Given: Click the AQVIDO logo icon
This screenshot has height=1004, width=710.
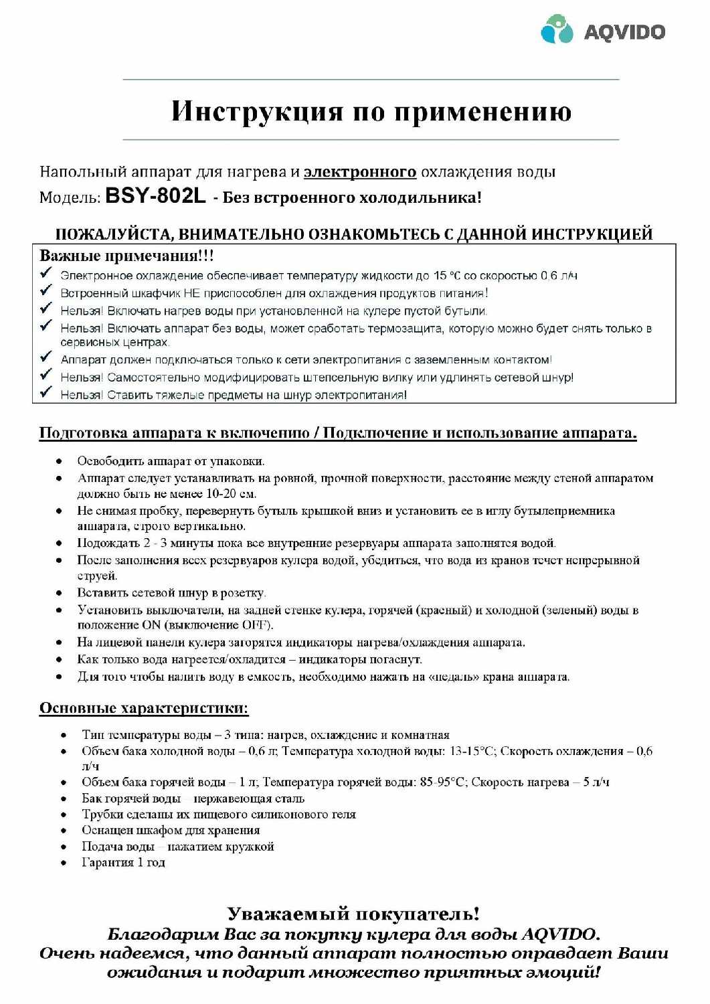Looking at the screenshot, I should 557,29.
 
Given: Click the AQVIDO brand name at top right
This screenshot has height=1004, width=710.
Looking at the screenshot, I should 624,31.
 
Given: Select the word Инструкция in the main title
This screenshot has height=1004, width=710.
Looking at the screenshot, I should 257,111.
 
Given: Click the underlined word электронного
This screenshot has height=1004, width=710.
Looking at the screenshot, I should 360,172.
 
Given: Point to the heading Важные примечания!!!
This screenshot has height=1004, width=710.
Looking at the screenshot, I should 126,256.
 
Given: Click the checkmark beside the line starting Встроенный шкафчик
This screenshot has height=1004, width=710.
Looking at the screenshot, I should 46,290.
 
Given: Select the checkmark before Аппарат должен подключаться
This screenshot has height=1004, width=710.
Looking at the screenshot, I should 46,357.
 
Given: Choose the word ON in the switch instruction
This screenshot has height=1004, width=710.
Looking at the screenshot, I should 151,625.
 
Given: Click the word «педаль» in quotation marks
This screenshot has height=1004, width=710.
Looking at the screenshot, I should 456,677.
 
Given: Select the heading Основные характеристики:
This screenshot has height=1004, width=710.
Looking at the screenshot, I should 144,708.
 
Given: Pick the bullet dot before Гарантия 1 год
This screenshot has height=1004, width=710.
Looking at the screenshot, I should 64,863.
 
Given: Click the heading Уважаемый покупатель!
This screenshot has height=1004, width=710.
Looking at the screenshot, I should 353,914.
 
